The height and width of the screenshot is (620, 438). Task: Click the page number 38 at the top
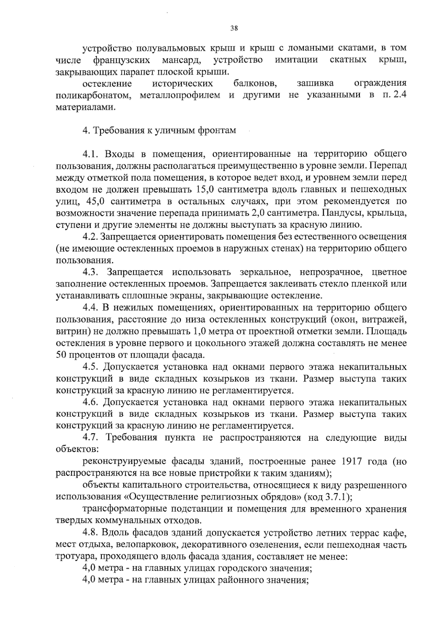pyautogui.click(x=234, y=28)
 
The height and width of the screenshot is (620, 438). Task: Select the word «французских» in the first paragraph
pyautogui.click(x=120, y=60)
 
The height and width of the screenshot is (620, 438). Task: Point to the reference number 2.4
pyautogui.click(x=399, y=96)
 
